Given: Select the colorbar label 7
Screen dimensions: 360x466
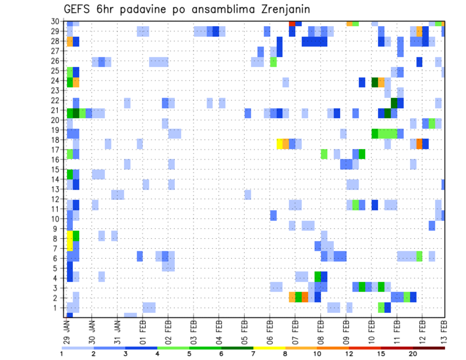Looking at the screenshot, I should click(x=253, y=354).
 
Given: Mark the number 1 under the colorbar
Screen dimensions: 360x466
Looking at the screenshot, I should click(x=61, y=354).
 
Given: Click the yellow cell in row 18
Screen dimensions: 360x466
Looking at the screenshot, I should click(x=279, y=144).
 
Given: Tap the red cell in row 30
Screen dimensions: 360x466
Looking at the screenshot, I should click(x=292, y=23).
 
